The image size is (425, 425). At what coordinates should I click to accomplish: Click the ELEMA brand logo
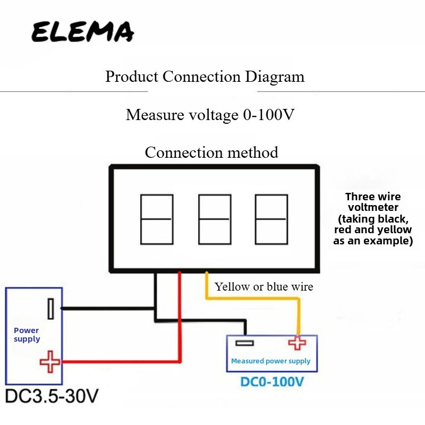[x=83, y=32]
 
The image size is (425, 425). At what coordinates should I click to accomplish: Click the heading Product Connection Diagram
[x=205, y=76]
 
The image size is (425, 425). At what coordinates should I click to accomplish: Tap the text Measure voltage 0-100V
[x=210, y=115]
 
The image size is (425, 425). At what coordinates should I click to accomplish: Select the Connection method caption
[x=211, y=152]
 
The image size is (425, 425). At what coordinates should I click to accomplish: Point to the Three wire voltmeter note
[x=373, y=218]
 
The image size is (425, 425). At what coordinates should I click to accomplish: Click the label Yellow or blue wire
[x=263, y=287]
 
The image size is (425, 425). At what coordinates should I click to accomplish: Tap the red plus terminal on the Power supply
[x=50, y=362]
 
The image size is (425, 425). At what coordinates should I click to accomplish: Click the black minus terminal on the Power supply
[x=50, y=309]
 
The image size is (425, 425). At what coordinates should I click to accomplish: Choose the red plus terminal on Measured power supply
[x=297, y=343]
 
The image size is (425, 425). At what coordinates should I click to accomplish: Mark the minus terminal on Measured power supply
[x=244, y=343]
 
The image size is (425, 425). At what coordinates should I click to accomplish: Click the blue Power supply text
[x=27, y=335]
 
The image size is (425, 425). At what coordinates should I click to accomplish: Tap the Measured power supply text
[x=270, y=361]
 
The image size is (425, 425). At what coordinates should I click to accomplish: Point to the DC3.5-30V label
[x=52, y=396]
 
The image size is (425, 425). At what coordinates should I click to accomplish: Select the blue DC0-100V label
[x=272, y=381]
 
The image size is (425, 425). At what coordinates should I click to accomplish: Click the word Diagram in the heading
[x=275, y=77]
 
